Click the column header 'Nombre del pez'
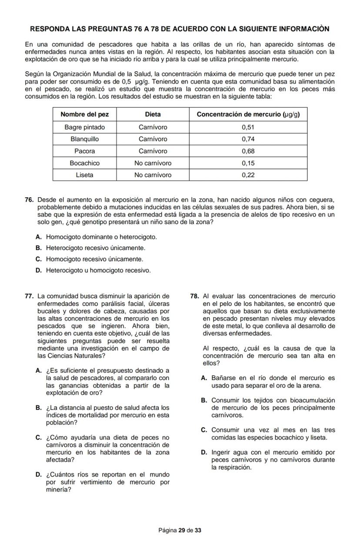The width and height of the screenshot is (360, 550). [x=85, y=114]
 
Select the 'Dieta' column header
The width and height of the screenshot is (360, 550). [x=153, y=114]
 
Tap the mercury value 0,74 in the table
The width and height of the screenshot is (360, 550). [x=248, y=139]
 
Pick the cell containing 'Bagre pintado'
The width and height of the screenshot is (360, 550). [x=85, y=127]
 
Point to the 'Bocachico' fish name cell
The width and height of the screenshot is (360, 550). [x=85, y=163]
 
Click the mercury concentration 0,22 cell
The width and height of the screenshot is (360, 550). [x=248, y=175]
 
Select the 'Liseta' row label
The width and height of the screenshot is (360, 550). [x=85, y=175]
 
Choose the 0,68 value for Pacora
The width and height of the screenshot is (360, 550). [x=248, y=151]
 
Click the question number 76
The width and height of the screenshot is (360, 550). [x=30, y=200]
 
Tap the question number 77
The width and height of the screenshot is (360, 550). [x=30, y=296]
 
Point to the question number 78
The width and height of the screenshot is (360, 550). [x=195, y=296]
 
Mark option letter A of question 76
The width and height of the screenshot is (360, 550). [x=39, y=237]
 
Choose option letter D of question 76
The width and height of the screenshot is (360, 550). [x=39, y=270]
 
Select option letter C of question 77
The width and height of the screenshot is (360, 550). [x=39, y=437]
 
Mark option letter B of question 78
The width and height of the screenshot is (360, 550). [x=204, y=400]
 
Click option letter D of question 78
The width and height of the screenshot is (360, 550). [x=204, y=452]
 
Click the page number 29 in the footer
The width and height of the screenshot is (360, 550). [x=182, y=530]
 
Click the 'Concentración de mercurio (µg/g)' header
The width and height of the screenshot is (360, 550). [x=248, y=114]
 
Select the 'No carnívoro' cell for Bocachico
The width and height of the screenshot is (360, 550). [x=153, y=163]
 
